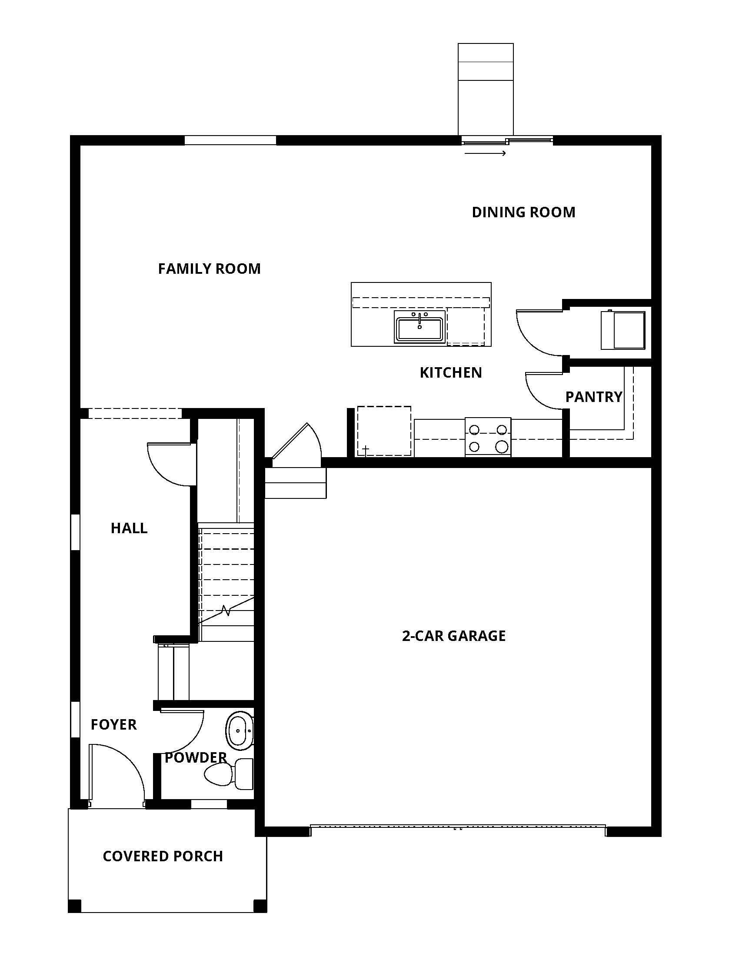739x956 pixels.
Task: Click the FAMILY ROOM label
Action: tap(209, 268)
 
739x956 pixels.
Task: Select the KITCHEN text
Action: tap(450, 372)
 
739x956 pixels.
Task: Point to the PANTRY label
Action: tap(593, 397)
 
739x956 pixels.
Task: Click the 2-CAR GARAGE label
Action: tap(453, 636)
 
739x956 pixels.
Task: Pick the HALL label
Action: tap(129, 528)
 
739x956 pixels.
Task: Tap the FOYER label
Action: tap(113, 725)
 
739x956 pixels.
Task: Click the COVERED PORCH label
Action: tap(163, 856)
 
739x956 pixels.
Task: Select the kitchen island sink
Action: tap(419, 326)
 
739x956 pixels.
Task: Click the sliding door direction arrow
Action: tap(485, 153)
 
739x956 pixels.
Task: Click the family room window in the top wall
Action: tap(230, 140)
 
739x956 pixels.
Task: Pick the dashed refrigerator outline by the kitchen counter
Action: tap(384, 431)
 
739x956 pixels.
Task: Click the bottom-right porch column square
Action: tap(260, 905)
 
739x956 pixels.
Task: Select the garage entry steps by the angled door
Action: tap(296, 483)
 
